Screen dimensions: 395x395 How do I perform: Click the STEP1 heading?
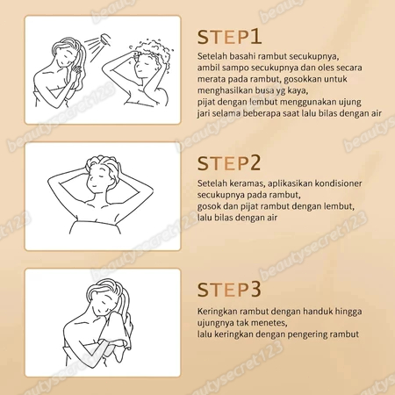(229, 37)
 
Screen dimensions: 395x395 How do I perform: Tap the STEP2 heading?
(229, 163)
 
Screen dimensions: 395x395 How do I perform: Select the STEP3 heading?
(229, 290)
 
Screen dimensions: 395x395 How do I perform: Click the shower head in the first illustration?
(106, 39)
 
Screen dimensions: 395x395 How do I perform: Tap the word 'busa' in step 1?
(264, 90)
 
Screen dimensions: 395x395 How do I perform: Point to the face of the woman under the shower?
(63, 57)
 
